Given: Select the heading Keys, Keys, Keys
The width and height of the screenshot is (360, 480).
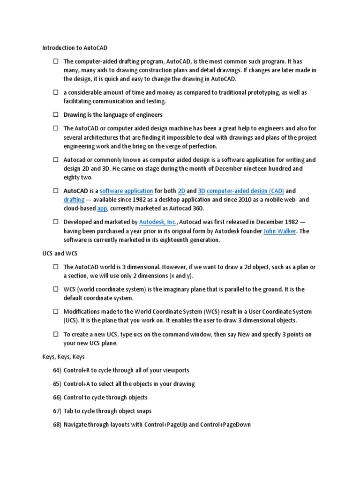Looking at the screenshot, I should [x=63, y=357].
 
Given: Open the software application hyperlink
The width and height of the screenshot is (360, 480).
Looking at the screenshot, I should [x=127, y=191].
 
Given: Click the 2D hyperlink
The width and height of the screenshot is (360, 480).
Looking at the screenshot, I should [x=181, y=191].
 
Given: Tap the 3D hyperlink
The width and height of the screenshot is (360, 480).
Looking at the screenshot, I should [x=202, y=191].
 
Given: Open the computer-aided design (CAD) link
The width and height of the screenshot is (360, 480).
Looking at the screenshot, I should [x=245, y=191].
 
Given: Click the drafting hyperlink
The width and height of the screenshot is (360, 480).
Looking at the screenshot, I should [x=74, y=200].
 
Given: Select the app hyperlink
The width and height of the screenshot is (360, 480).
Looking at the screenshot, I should [x=102, y=208].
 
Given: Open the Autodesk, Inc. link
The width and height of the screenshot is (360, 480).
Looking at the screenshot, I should [x=158, y=222].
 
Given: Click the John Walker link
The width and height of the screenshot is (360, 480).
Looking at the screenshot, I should [x=279, y=231].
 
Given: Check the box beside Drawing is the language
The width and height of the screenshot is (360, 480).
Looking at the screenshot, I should [x=55, y=115].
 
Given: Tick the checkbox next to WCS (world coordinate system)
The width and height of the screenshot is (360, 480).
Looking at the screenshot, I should [x=55, y=290].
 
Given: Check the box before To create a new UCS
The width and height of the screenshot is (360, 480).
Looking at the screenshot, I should [x=55, y=335].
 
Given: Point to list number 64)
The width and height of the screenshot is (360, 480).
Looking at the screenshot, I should [x=57, y=370].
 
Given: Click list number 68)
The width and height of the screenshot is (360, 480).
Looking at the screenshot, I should [x=57, y=425].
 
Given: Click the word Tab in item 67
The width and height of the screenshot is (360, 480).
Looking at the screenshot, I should [x=68, y=411].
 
